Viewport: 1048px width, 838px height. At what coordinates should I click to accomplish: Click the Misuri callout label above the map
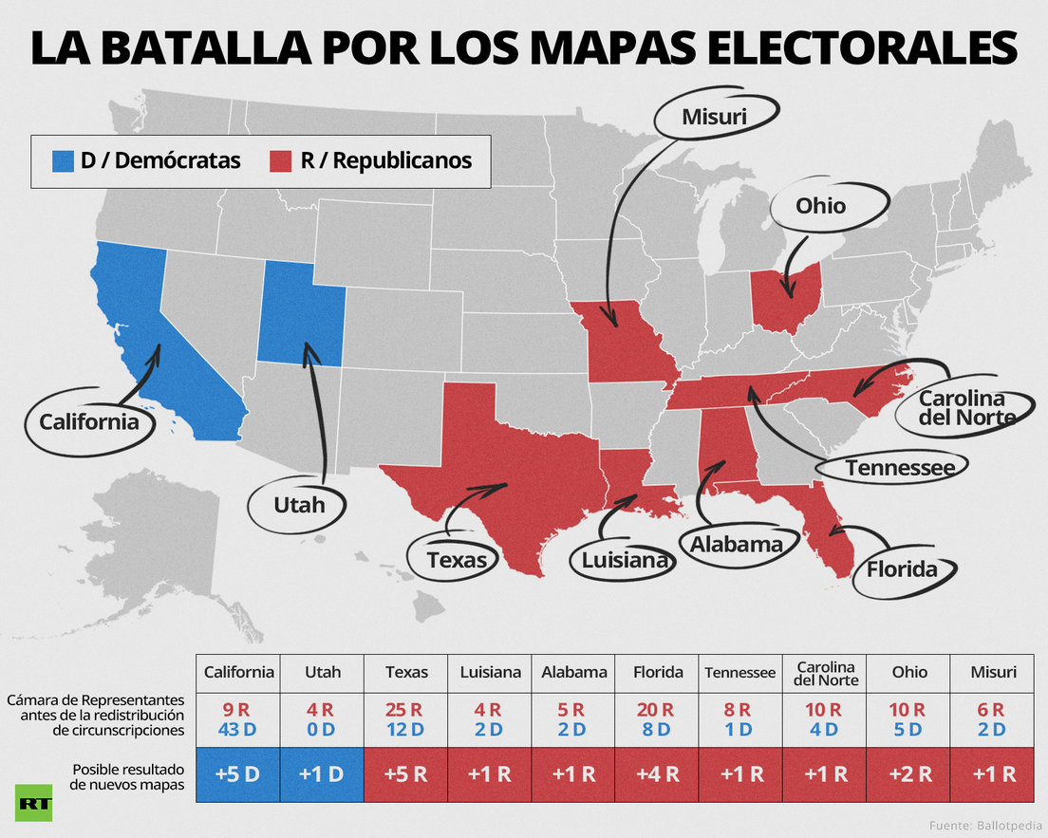(x=715, y=117)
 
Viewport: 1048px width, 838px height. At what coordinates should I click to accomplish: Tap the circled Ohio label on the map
(x=821, y=206)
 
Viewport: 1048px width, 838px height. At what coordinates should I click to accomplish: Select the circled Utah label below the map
(x=299, y=505)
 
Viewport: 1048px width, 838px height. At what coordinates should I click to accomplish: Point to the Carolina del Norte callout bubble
(x=962, y=408)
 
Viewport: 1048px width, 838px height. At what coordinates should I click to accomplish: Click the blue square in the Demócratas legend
(x=63, y=161)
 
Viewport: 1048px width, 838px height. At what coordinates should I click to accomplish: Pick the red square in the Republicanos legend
(x=281, y=161)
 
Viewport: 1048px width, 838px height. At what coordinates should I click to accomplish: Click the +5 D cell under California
(x=238, y=774)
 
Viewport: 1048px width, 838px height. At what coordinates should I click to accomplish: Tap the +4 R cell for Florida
(x=657, y=774)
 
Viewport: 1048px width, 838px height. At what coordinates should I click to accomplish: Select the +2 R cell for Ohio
(x=908, y=774)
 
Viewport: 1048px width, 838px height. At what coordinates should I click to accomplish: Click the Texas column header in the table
(x=406, y=672)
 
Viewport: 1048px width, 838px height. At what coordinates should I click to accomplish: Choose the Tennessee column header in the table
(x=739, y=673)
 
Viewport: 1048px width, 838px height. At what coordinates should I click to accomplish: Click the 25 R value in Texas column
(x=403, y=710)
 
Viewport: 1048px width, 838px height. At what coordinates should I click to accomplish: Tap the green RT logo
(x=33, y=803)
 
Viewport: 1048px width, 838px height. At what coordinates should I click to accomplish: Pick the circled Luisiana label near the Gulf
(x=624, y=560)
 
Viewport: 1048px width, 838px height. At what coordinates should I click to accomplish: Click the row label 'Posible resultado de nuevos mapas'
(x=127, y=776)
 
